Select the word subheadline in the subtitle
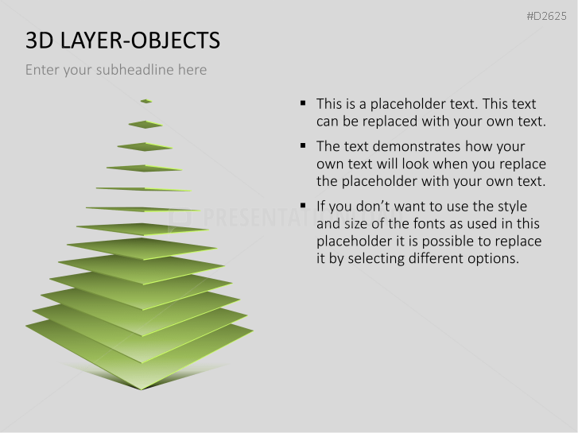coord(136,70)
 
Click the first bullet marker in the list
coord(303,103)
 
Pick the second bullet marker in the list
coord(303,146)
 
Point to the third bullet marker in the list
coord(303,206)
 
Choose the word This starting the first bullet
coord(329,103)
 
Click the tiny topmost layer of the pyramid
coord(145,101)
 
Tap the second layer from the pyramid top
coord(145,124)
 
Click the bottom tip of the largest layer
coord(142,388)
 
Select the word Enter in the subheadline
coord(42,70)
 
